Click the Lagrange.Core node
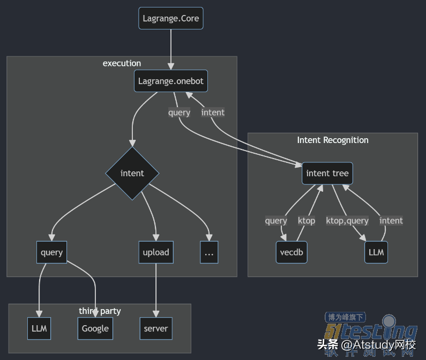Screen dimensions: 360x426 point(171,18)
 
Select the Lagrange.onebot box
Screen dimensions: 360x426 point(171,81)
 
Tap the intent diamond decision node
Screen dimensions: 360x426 point(132,173)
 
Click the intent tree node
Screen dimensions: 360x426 point(327,173)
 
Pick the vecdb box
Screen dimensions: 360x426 point(292,252)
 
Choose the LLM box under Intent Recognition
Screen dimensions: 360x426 point(376,252)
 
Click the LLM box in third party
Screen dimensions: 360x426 point(39,328)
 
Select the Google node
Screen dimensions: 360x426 point(95,328)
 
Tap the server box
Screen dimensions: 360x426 point(156,328)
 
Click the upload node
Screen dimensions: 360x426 point(156,252)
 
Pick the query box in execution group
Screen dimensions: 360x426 point(52,252)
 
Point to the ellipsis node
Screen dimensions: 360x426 point(209,252)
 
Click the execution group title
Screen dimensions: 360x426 point(122,63)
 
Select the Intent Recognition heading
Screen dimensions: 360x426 point(333,140)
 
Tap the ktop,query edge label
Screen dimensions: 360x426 point(347,220)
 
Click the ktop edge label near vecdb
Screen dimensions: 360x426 point(307,220)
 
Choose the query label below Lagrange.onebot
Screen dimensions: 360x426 point(179,112)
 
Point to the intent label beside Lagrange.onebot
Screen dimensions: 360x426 point(213,112)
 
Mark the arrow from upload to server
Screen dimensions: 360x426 point(156,289)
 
